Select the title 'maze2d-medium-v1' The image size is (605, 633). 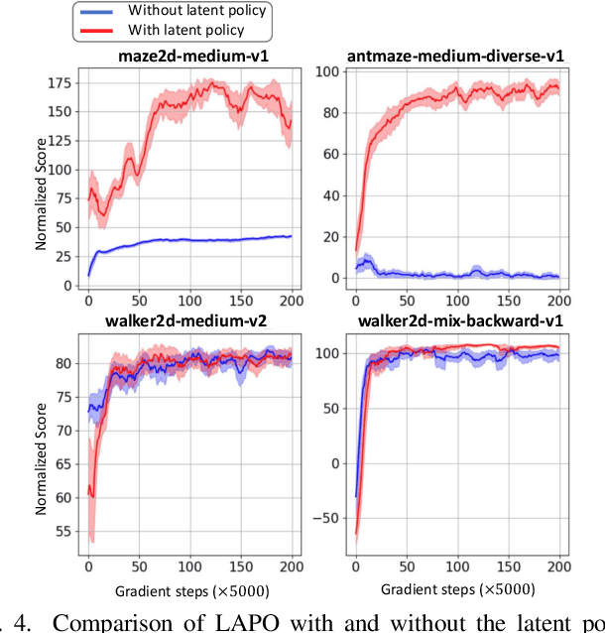pos(189,57)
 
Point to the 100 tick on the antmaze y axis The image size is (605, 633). pos(332,72)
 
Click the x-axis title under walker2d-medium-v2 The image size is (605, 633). pos(189,586)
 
